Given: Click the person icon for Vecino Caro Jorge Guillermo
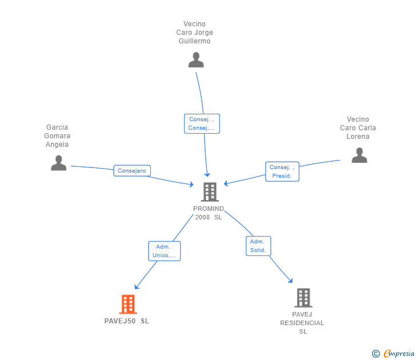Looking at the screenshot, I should pos(196,60).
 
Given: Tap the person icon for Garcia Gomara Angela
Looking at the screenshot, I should pos(58,163).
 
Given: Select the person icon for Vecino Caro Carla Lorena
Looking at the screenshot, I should pos(359,155).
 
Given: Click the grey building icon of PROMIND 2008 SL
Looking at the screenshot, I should pos(210,192).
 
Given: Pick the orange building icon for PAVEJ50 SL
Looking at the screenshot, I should pos(127,304).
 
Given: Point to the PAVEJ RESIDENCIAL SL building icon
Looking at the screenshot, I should pos(303,298).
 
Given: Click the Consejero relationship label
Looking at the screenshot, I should pos(132,170).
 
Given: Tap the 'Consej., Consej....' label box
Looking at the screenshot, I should pos(202,123).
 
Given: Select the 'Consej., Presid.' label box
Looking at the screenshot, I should pos(282,171).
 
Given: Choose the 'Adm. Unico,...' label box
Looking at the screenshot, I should pos(164,251).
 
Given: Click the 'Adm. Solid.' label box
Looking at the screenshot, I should pos(258,246).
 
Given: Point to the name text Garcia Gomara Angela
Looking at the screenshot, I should pos(57,136).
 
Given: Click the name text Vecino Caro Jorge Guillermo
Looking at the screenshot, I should pos(194,33).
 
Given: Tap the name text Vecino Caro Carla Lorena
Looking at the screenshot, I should pos(358,128).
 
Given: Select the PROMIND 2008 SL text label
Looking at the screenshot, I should pos(209,213).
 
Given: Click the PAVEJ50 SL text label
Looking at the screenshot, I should pos(127,321).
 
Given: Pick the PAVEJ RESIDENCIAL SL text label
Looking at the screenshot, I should pos(302,323).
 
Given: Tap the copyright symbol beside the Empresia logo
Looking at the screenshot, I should pos(375,354).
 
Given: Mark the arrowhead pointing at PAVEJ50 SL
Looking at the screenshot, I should pos(137,286).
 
